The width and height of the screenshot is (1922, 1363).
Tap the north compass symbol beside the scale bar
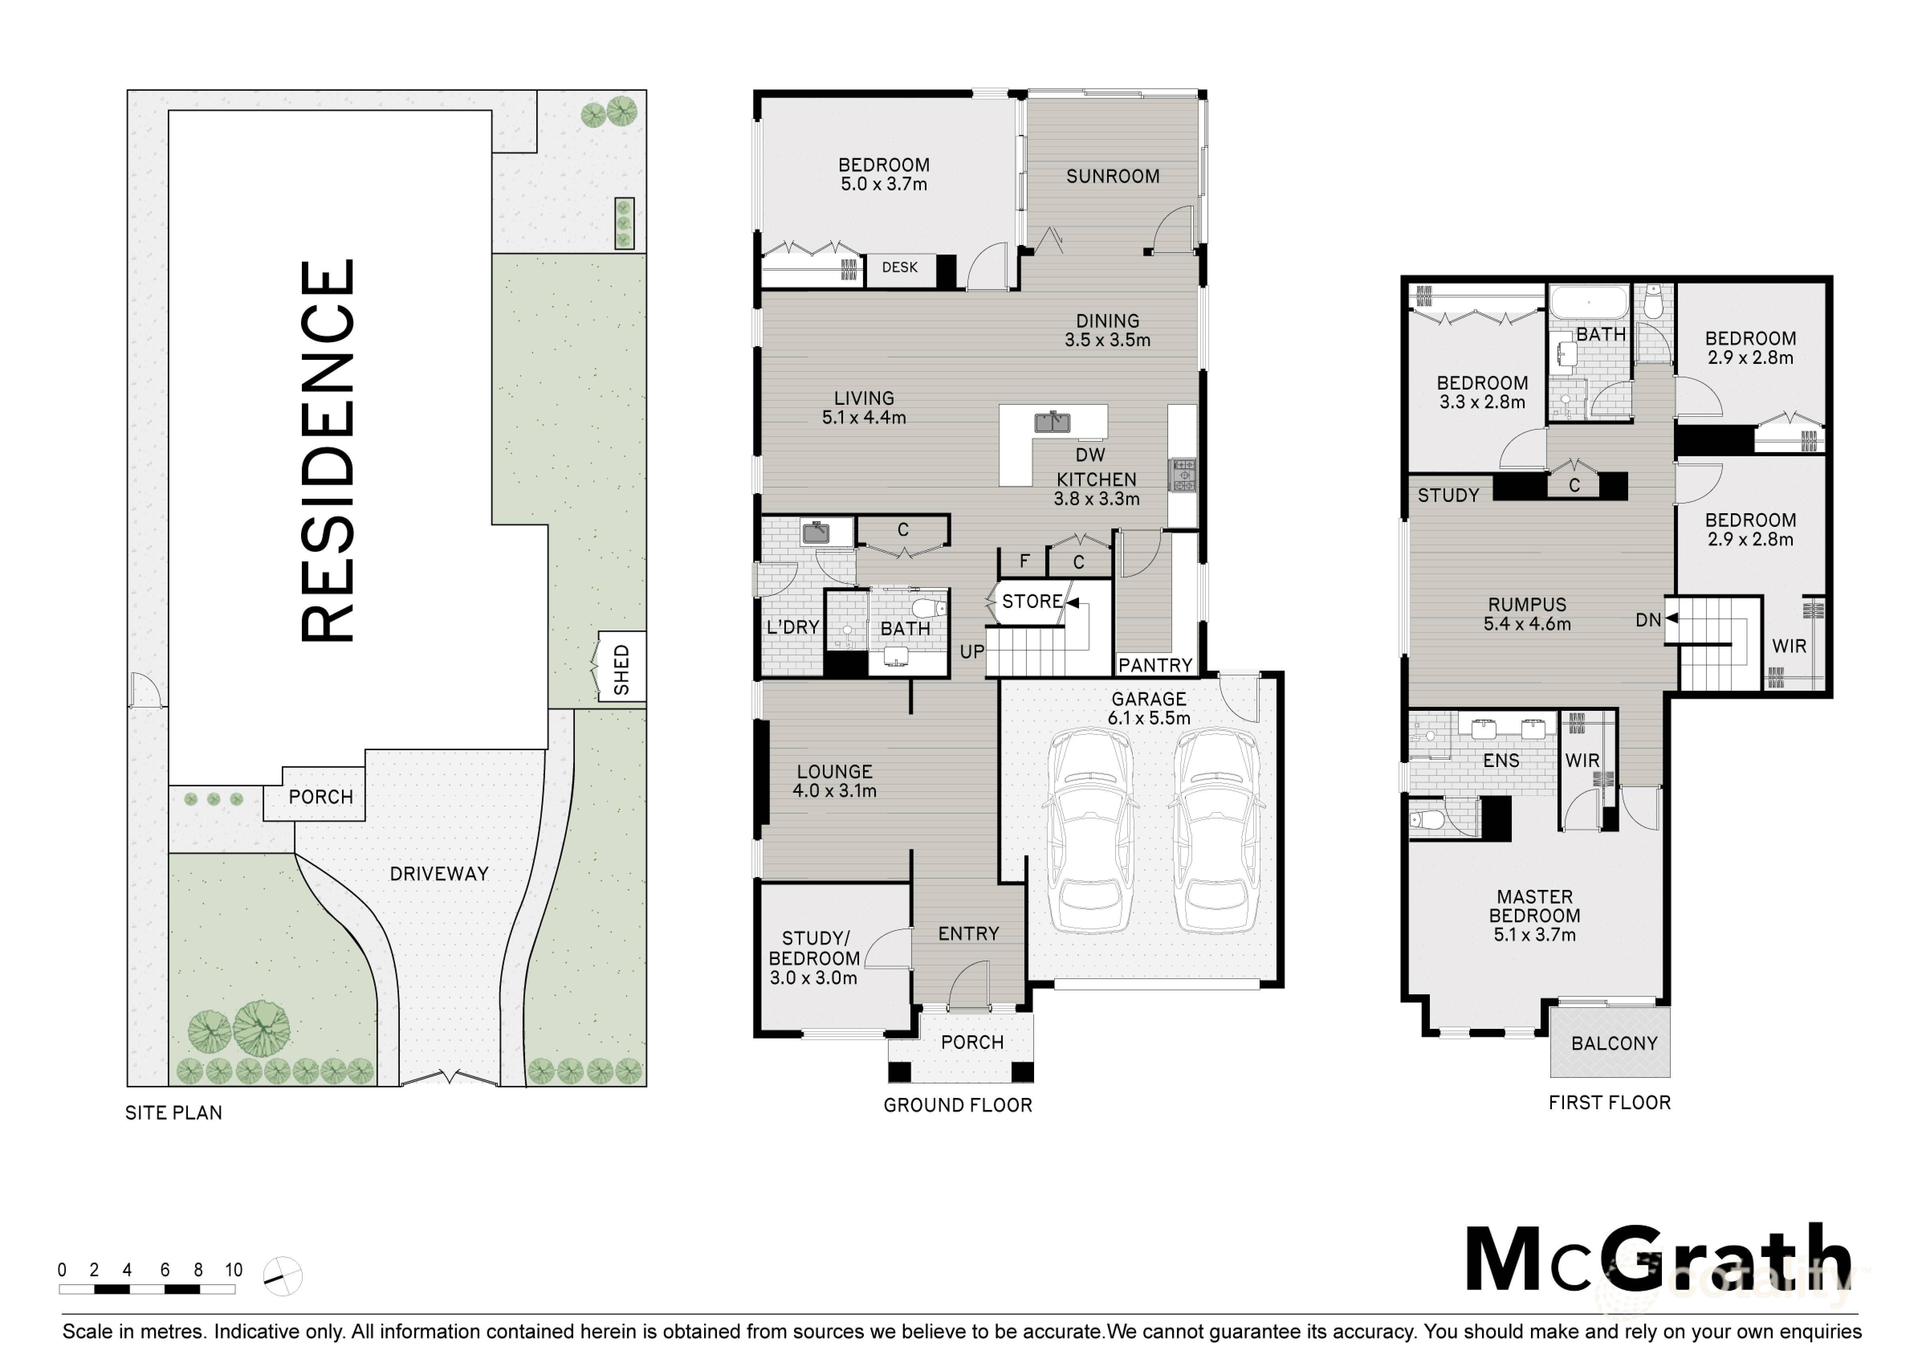pyautogui.click(x=283, y=1277)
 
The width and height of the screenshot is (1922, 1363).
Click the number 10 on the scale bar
pyautogui.click(x=233, y=1270)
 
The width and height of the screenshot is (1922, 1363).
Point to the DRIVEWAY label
pyautogui.click(x=439, y=874)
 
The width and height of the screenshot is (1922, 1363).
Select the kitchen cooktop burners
pyautogui.click(x=1183, y=475)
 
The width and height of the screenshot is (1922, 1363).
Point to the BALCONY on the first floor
pyautogui.click(x=1613, y=1043)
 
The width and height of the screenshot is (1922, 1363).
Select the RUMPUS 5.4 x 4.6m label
pyautogui.click(x=1527, y=614)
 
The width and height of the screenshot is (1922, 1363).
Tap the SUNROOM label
pyautogui.click(x=1112, y=176)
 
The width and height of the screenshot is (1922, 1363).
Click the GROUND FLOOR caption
pyautogui.click(x=957, y=1105)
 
